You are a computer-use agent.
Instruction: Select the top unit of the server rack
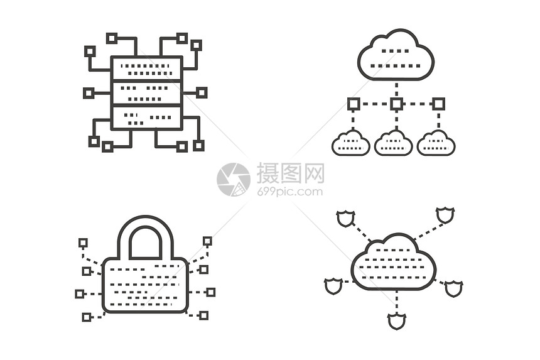pyautogui.click(x=146, y=68)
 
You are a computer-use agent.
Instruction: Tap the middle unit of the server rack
pyautogui.click(x=146, y=92)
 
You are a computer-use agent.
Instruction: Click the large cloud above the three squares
pyautogui.click(x=396, y=55)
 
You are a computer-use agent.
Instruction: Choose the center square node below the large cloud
pyautogui.click(x=396, y=104)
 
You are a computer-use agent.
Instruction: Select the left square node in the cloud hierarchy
pyautogui.click(x=354, y=104)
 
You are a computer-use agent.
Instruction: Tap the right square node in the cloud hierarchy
pyautogui.click(x=438, y=104)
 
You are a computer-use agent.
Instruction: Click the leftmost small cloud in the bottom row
pyautogui.click(x=351, y=143)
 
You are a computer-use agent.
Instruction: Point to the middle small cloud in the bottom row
pyautogui.click(x=393, y=143)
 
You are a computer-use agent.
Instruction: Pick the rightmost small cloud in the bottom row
pyautogui.click(x=436, y=143)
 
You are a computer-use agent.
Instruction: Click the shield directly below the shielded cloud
pyautogui.click(x=397, y=321)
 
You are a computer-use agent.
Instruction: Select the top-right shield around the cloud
pyautogui.click(x=445, y=215)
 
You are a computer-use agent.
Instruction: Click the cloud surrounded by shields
pyautogui.click(x=394, y=263)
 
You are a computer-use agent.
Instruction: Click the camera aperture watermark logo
pyautogui.click(x=234, y=180)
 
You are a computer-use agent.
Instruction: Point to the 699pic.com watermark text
pyautogui.click(x=290, y=192)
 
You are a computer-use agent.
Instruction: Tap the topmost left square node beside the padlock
pyautogui.click(x=83, y=243)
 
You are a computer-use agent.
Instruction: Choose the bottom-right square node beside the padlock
pyautogui.click(x=204, y=315)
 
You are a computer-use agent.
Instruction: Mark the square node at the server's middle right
pyautogui.click(x=202, y=92)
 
